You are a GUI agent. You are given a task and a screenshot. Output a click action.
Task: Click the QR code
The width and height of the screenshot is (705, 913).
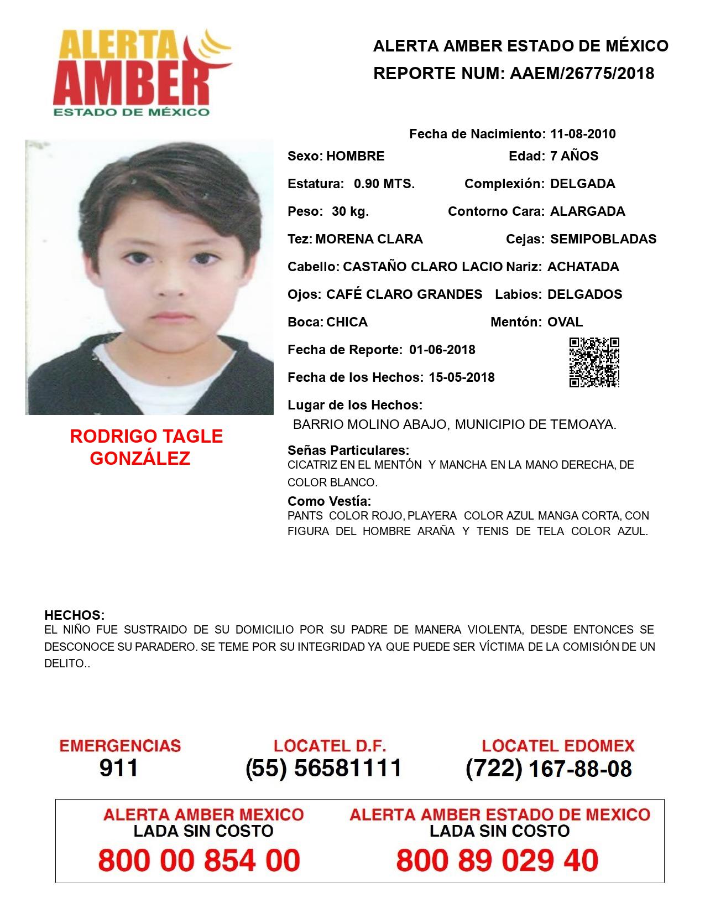(594, 362)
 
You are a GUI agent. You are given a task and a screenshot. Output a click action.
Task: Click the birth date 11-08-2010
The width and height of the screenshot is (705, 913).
(583, 134)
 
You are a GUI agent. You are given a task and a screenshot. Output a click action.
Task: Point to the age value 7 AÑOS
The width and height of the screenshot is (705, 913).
(574, 156)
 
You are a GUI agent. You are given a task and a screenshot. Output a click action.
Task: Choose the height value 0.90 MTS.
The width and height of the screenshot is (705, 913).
(384, 184)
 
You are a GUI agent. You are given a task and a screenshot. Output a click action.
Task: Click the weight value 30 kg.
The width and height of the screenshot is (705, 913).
(350, 211)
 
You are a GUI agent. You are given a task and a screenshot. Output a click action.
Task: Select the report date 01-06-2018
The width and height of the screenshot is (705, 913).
(442, 350)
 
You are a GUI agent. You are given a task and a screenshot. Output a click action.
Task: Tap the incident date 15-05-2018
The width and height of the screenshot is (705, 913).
(462, 377)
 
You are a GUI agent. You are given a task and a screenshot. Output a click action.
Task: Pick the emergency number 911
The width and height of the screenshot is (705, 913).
(119, 768)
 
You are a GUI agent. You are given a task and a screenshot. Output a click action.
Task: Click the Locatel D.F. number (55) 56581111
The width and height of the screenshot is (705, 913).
(324, 768)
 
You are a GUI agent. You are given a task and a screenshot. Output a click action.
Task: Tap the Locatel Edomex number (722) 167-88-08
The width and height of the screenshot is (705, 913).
(549, 768)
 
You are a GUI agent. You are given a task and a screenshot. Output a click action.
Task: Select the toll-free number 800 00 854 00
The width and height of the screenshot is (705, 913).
(199, 860)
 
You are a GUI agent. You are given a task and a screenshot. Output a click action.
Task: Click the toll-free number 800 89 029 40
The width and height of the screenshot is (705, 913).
(497, 860)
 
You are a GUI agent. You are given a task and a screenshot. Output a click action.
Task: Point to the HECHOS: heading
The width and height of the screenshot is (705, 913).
(74, 615)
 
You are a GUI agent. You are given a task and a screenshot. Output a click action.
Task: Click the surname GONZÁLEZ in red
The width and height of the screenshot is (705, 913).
(140, 458)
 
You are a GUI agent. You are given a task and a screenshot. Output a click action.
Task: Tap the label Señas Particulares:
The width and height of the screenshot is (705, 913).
(348, 450)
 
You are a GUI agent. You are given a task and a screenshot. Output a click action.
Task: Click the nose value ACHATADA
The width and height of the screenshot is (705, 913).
(583, 267)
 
